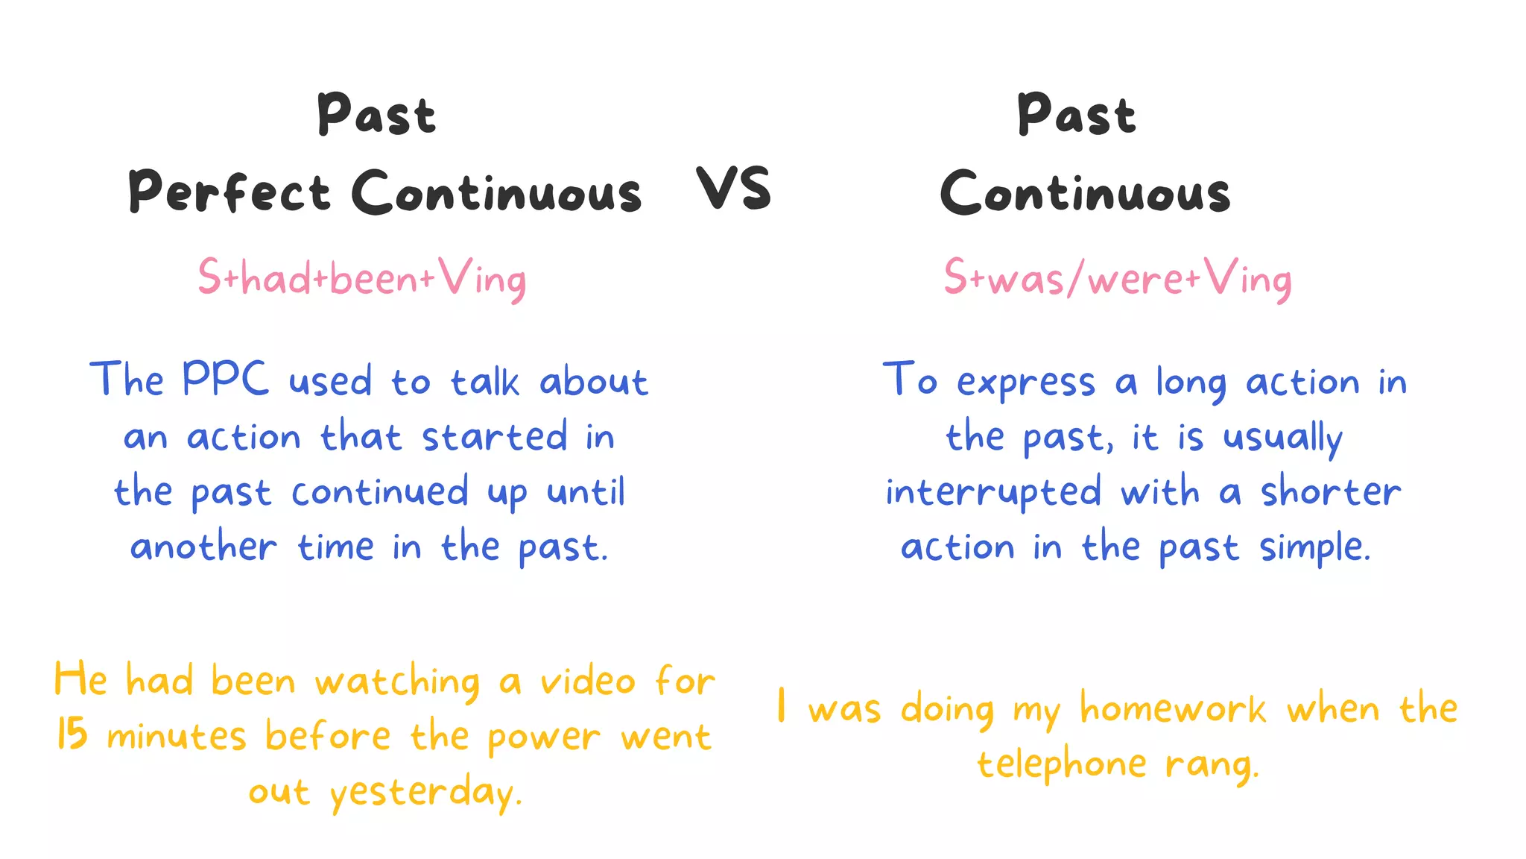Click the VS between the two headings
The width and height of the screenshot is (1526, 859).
click(x=733, y=189)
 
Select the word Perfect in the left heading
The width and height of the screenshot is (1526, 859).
click(x=229, y=192)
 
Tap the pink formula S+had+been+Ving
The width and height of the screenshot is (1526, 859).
click(x=362, y=279)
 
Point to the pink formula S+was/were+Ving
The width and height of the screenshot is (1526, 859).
click(x=1117, y=279)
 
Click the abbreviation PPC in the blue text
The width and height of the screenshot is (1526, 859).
click(x=224, y=379)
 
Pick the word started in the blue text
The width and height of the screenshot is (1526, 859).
click(x=495, y=437)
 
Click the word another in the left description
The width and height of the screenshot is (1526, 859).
click(x=203, y=547)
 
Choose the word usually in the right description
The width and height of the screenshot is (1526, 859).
click(x=1282, y=438)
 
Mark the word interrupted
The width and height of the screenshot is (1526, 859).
click(x=993, y=492)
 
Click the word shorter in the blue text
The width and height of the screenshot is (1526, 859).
click(x=1331, y=492)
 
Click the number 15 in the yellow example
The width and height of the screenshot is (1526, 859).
click(x=72, y=734)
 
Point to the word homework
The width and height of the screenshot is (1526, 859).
click(x=1173, y=708)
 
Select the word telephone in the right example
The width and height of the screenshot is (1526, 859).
click(x=1061, y=764)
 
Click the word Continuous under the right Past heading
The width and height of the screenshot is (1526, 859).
click(x=1085, y=192)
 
